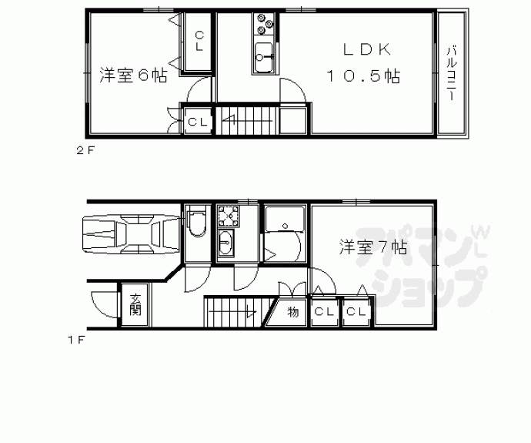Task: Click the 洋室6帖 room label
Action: (x=133, y=76)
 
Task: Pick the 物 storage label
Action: (x=293, y=312)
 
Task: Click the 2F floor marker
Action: (x=85, y=151)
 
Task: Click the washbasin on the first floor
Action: (x=225, y=244)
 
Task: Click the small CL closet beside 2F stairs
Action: (x=198, y=122)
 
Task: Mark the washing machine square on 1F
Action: (x=228, y=213)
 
